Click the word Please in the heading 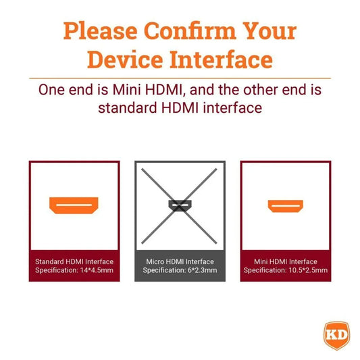[x=101, y=31]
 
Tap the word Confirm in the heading [x=190, y=30]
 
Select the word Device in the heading [x=125, y=59]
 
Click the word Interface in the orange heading [x=221, y=59]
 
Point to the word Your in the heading [x=269, y=31]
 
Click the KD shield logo [x=337, y=336]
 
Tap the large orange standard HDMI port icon [x=74, y=205]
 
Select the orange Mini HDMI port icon [x=286, y=206]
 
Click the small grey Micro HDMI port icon [x=180, y=205]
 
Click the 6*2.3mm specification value [x=202, y=270]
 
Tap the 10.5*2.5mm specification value [x=308, y=270]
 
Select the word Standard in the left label [x=49, y=261]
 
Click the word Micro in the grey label [x=155, y=261]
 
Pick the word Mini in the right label [x=261, y=261]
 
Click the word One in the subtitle [x=51, y=90]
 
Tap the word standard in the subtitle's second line [x=128, y=108]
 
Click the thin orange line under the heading [x=180, y=78]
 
